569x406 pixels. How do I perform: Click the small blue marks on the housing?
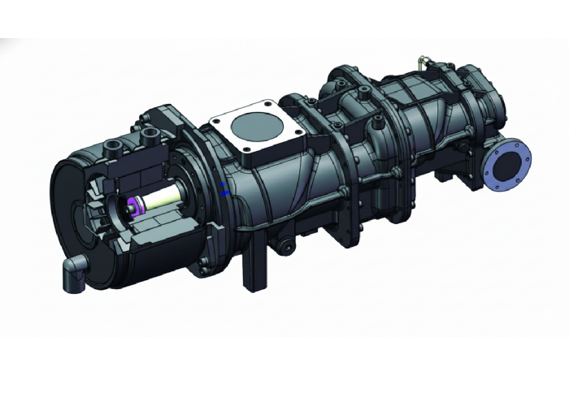pos(225,190)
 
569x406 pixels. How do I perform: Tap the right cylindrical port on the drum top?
pos(151,132)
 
